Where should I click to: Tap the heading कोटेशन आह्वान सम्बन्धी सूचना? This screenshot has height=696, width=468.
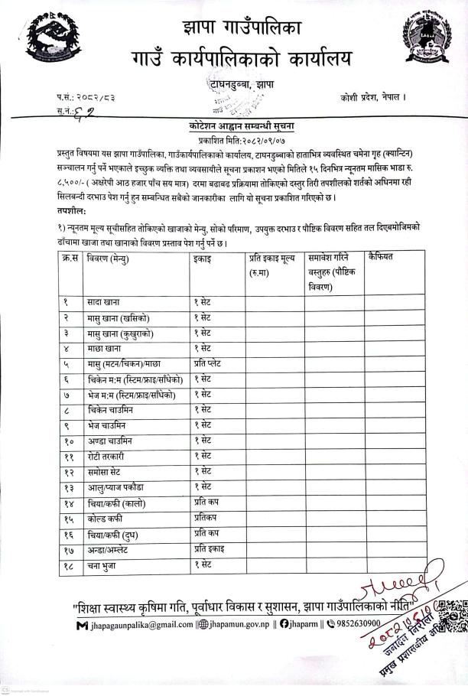pyautogui.click(x=233, y=125)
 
